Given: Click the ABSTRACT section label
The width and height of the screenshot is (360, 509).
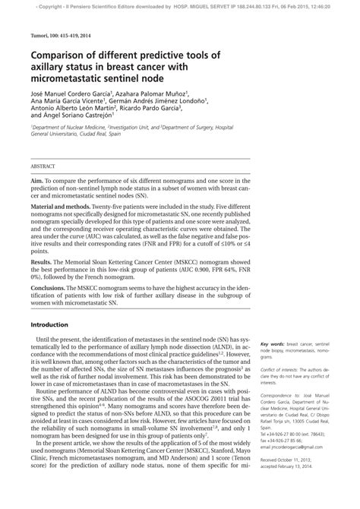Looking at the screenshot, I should click(x=43, y=165).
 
